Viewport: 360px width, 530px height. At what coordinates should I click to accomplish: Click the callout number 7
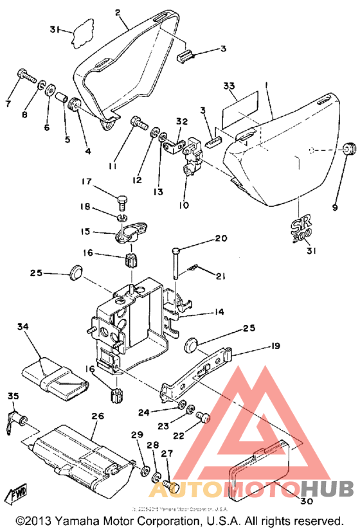tap(8, 103)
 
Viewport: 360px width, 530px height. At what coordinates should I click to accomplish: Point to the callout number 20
tap(221, 238)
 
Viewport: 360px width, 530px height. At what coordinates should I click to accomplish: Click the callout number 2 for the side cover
tap(118, 12)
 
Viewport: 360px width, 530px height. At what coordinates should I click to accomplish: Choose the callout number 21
tap(221, 276)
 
